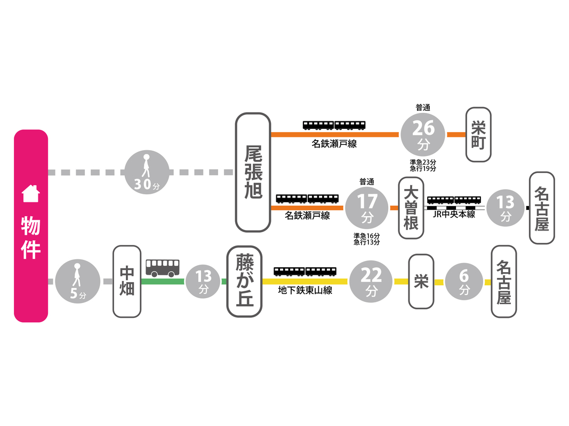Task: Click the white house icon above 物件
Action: (30, 193)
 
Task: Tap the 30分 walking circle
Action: (147, 173)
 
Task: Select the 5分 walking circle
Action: (78, 282)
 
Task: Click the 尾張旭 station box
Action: (253, 172)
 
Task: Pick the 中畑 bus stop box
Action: (127, 282)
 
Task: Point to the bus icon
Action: (163, 267)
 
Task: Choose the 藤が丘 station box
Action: (245, 282)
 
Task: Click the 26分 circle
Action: (422, 134)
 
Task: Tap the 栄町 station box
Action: (478, 135)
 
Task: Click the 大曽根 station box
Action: (411, 207)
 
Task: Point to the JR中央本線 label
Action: (454, 214)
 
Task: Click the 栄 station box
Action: (421, 282)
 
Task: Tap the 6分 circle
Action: (464, 282)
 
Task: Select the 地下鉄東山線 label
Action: (305, 291)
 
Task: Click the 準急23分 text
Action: (423, 162)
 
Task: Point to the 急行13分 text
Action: (366, 243)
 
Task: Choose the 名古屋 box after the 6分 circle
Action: (503, 282)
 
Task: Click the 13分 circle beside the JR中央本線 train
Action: (505, 208)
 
